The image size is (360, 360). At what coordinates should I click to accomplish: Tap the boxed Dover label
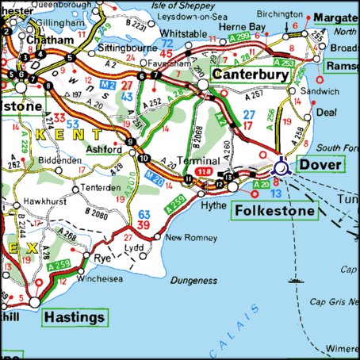320,165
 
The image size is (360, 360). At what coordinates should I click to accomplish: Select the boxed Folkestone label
274,211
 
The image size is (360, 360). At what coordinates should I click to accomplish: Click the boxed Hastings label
75,317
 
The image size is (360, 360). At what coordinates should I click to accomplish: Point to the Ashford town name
104,149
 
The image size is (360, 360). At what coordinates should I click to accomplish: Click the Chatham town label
44,39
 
